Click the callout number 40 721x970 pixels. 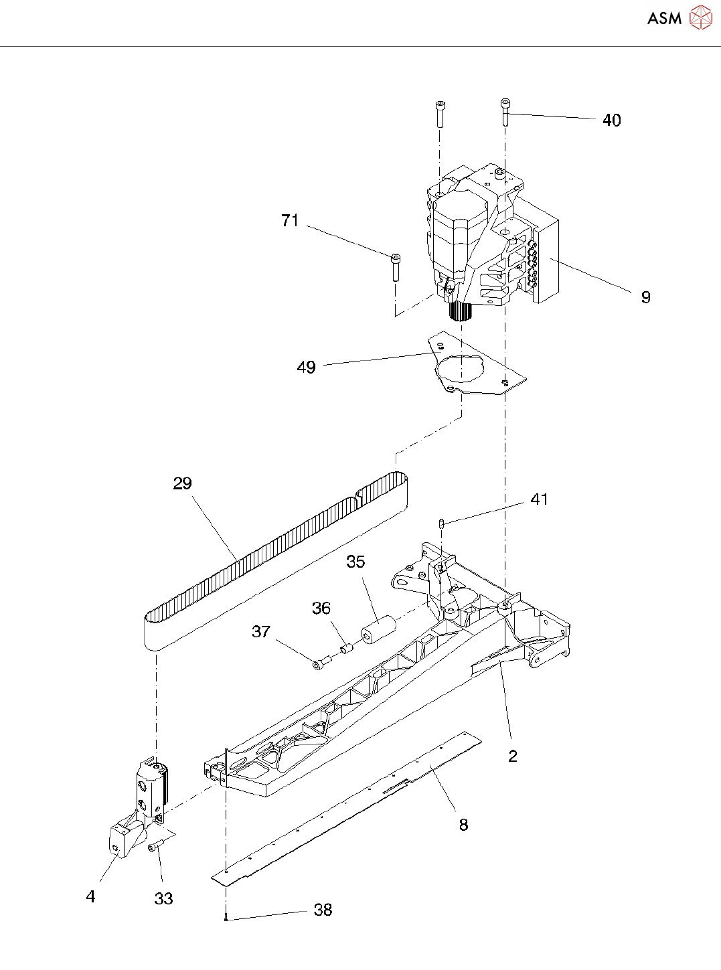(611, 120)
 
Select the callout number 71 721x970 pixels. (290, 221)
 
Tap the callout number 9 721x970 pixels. (645, 297)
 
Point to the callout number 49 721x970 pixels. (306, 368)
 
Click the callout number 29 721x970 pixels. (182, 484)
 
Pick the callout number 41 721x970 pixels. (539, 500)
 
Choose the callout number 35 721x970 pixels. (355, 562)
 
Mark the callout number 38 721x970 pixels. (323, 910)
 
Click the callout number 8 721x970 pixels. (463, 825)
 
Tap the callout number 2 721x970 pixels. (513, 756)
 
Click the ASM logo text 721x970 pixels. (664, 19)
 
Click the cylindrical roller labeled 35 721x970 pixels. (379, 631)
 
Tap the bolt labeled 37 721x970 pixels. (321, 663)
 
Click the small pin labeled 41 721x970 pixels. (442, 523)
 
